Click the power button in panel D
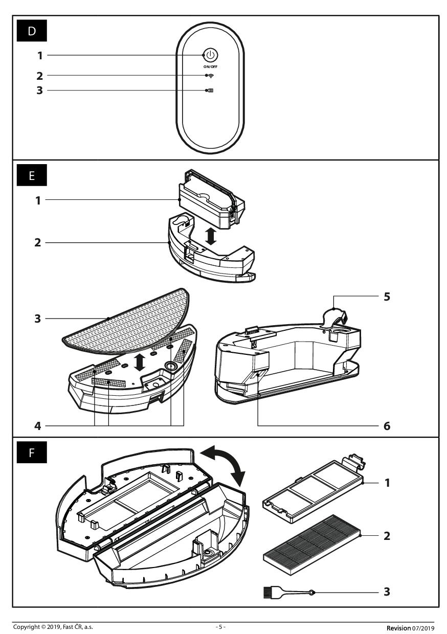click(211, 55)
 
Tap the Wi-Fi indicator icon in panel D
click(211, 76)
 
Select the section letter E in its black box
click(32, 176)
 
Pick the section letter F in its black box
click(32, 453)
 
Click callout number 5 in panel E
click(387, 297)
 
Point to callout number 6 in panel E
click(387, 425)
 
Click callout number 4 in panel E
click(38, 425)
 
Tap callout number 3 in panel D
click(39, 90)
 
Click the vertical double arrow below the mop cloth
click(139, 361)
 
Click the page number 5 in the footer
click(220, 627)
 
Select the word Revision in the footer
click(398, 627)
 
